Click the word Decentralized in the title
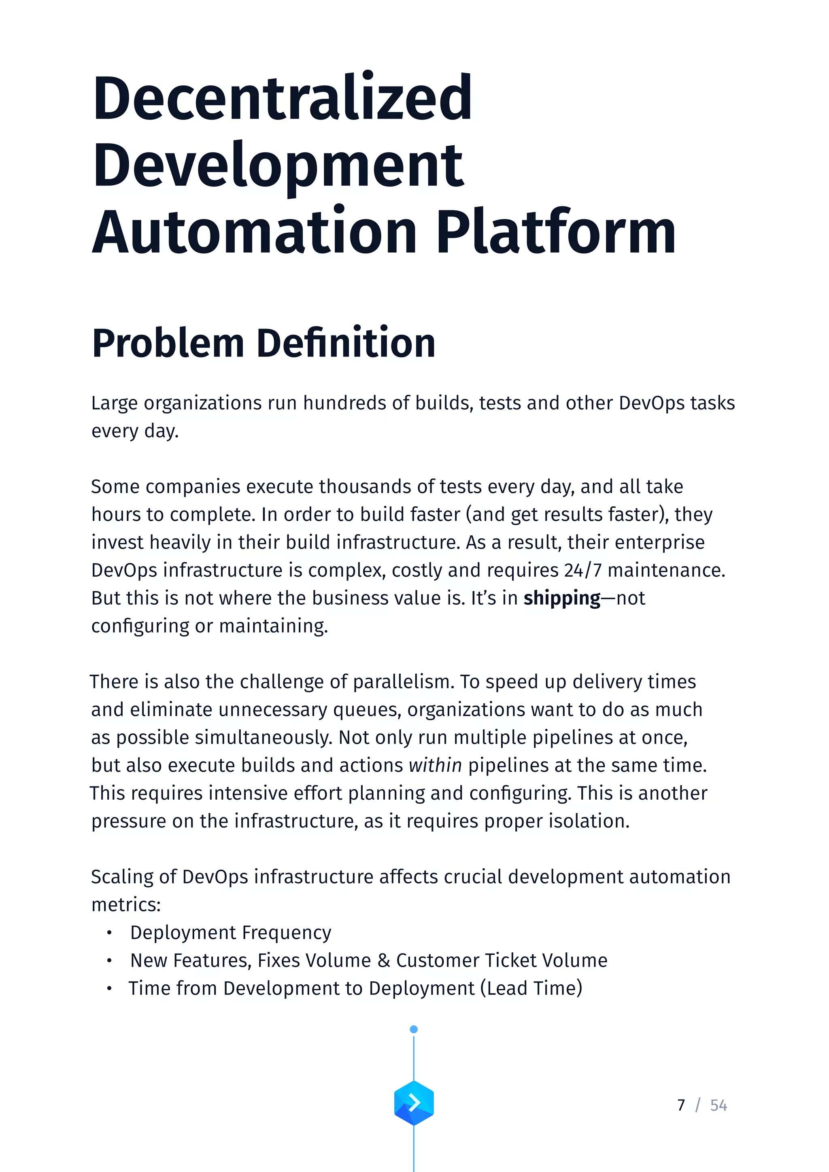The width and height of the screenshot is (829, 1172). click(282, 98)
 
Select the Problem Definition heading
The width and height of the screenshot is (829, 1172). click(264, 343)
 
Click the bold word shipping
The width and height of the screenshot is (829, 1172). click(562, 598)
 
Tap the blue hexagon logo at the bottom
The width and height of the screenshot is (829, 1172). click(414, 1103)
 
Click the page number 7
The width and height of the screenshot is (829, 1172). click(681, 1105)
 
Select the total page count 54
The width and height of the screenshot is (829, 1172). click(718, 1105)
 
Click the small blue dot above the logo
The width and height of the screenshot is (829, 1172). click(414, 1029)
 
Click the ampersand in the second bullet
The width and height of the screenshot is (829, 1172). click(383, 961)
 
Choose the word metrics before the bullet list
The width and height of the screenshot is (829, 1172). click(125, 905)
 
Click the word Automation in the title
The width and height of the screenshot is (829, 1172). click(254, 232)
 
